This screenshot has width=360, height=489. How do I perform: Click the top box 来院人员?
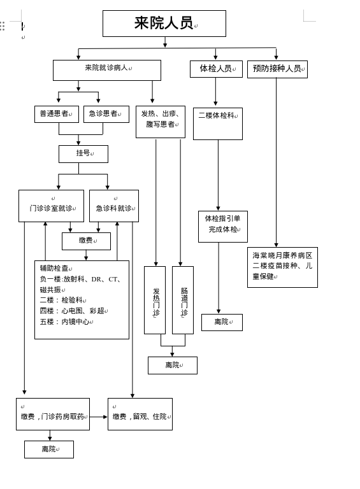pos(164,24)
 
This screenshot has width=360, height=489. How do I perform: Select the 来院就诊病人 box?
pos(107,70)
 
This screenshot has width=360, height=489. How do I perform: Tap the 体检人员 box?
pos(216,69)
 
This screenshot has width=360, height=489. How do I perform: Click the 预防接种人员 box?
pos(277,69)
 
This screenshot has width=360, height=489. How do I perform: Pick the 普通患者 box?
pos(57,114)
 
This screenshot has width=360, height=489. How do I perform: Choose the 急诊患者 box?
pos(106,114)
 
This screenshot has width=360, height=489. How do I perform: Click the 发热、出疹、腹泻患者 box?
pos(161,122)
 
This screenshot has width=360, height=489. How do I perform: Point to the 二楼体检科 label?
pos(217,115)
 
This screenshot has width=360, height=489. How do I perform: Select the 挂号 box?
pos(83,154)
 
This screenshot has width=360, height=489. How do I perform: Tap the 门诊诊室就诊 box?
pos(51,206)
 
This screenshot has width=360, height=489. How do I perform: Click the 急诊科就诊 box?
pos(114,206)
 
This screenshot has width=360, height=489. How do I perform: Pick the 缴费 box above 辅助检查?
pos(86,241)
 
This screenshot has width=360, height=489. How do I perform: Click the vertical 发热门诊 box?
pos(155,300)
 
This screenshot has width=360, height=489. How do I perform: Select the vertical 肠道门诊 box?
pos(183,300)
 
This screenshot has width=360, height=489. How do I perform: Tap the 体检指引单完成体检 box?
pos(223,227)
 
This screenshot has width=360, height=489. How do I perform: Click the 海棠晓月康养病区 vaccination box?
pos(283,267)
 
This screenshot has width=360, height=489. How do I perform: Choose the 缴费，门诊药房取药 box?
pos(53,414)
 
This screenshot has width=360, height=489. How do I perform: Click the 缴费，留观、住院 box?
pos(140,414)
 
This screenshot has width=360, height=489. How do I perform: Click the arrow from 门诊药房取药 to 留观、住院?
pos(99,416)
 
